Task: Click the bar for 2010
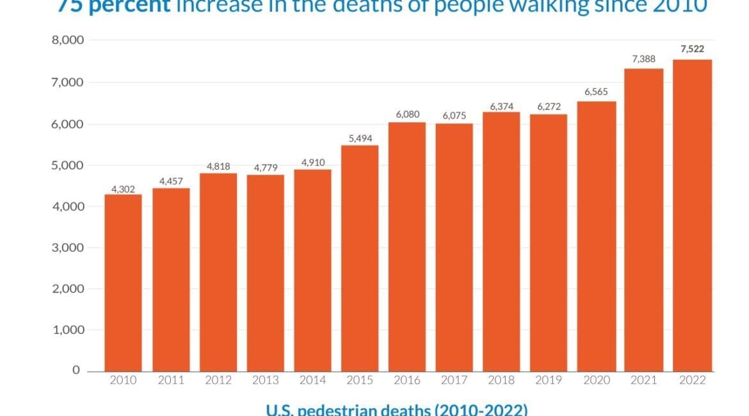tap(124, 282)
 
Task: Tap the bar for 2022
tap(693, 215)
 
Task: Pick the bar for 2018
tap(501, 241)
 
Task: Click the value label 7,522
tap(693, 49)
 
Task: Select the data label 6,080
tap(407, 113)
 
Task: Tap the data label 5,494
tap(359, 138)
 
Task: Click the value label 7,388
tap(643, 59)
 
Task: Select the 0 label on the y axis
tap(76, 371)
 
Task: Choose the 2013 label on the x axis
tap(265, 381)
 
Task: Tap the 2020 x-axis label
tap(596, 381)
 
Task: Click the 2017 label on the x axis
tap(454, 381)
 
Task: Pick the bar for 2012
tap(218, 271)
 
